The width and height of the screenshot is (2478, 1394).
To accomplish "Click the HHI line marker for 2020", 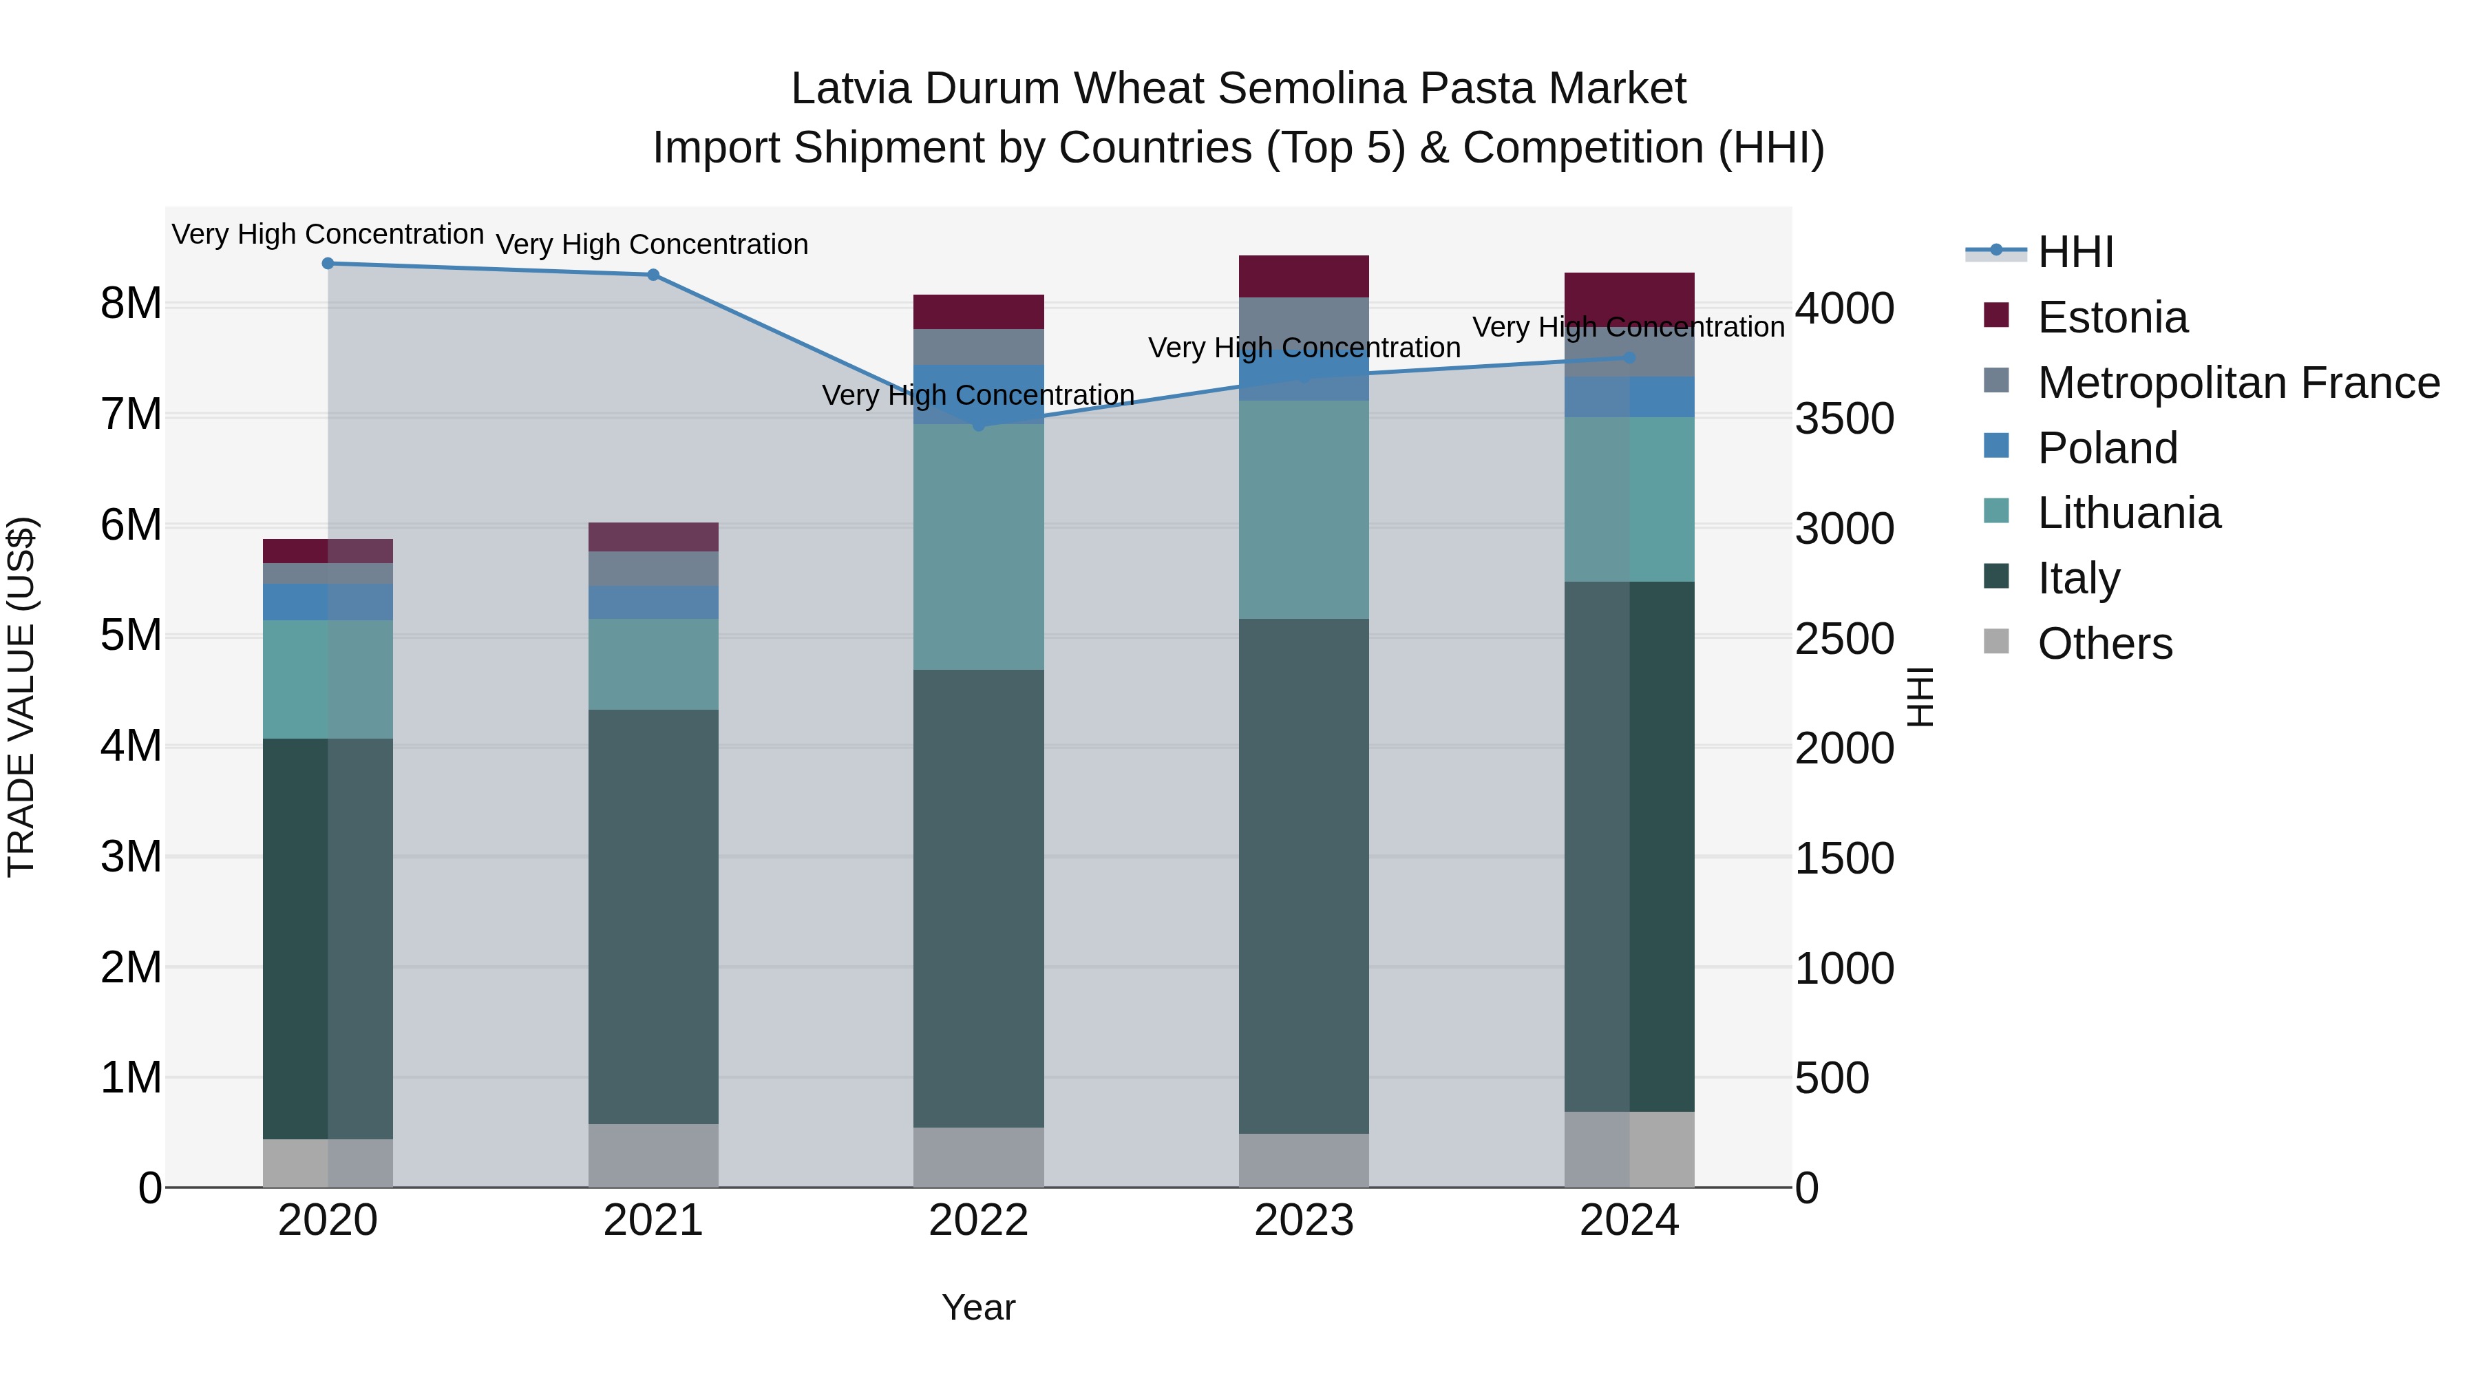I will (328, 264).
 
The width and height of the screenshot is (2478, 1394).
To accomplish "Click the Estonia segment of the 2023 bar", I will (1304, 276).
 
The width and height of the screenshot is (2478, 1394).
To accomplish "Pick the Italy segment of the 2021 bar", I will (653, 917).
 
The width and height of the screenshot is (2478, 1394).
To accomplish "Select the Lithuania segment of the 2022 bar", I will (978, 547).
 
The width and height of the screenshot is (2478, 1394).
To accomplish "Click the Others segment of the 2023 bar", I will (1304, 1160).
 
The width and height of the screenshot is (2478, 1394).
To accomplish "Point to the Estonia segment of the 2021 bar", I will (653, 537).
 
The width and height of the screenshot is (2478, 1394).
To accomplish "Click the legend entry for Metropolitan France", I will (2238, 383).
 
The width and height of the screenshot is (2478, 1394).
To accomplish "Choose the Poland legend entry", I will (2107, 448).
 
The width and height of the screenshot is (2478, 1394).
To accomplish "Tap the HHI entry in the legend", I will (2075, 252).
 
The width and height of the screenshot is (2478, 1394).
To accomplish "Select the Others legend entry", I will (2104, 644).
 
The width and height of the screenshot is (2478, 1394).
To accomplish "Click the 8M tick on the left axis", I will (131, 304).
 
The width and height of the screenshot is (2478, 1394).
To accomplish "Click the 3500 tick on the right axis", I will (1844, 419).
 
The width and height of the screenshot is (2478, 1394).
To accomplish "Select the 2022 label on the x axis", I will (978, 1221).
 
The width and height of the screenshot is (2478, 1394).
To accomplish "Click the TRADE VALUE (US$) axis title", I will (21, 697).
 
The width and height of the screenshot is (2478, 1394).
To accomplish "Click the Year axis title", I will (978, 1307).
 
